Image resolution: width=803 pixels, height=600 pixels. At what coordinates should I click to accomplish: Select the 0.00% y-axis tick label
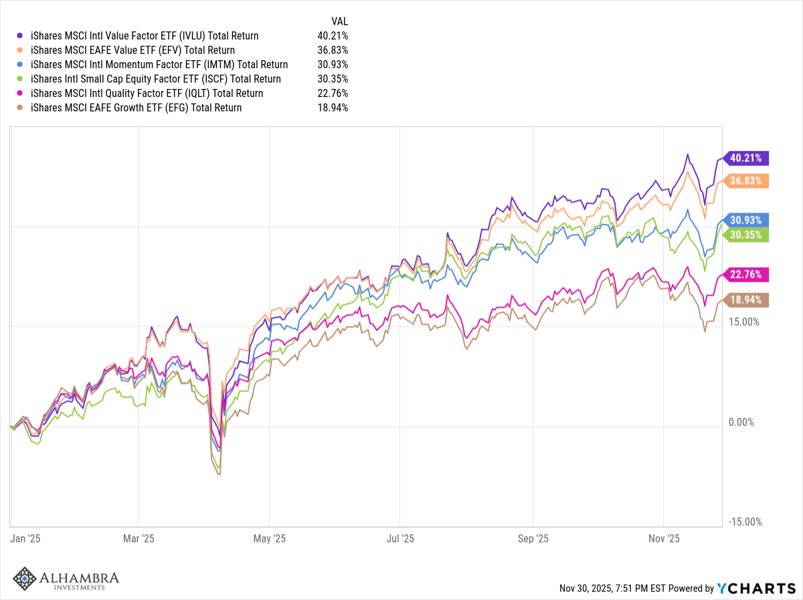[741, 422]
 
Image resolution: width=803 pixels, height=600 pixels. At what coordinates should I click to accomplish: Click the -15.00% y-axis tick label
[743, 522]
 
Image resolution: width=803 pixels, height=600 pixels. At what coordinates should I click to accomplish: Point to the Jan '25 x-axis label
[25, 538]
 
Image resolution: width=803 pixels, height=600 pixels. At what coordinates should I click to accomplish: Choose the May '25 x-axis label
[270, 538]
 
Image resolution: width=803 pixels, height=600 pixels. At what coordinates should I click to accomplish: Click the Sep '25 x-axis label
[533, 538]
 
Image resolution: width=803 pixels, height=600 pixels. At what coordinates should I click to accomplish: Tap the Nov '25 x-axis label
[664, 538]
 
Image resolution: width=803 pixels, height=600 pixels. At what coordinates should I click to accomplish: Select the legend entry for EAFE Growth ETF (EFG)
[136, 108]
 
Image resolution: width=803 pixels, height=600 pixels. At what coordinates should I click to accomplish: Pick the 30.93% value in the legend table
[333, 65]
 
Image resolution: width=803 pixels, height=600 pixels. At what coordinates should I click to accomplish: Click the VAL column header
[340, 21]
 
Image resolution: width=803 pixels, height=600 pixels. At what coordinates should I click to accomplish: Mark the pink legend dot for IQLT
[19, 94]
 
